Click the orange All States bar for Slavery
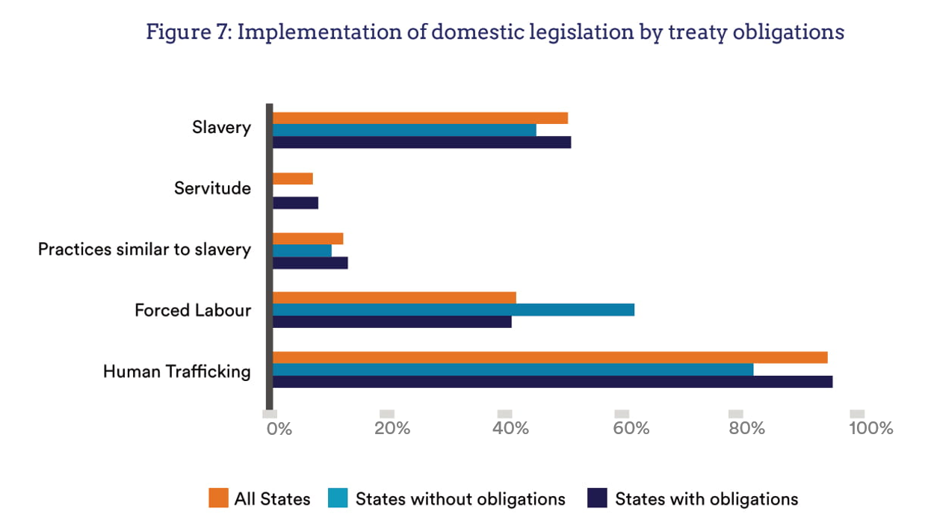pyautogui.click(x=420, y=118)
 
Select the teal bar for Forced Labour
pyautogui.click(x=454, y=309)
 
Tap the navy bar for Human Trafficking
pyautogui.click(x=552, y=382)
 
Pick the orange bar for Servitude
pyautogui.click(x=293, y=179)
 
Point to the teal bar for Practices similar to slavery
pyautogui.click(x=302, y=251)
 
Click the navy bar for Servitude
pyautogui.click(x=295, y=202)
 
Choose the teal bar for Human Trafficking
pyautogui.click(x=513, y=369)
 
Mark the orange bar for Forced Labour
pyautogui.click(x=395, y=297)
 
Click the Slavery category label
pyautogui.click(x=221, y=128)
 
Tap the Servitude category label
pyautogui.click(x=212, y=188)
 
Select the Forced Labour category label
pyautogui.click(x=193, y=310)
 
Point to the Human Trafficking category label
pyautogui.click(x=176, y=371)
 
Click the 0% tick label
pyautogui.click(x=279, y=429)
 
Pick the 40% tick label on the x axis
pyautogui.click(x=511, y=429)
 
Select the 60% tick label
pyautogui.click(x=631, y=429)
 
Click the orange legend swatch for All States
pyautogui.click(x=217, y=498)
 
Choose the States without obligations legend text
pyautogui.click(x=460, y=499)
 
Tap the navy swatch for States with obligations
pyautogui.click(x=597, y=498)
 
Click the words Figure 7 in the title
pyautogui.click(x=187, y=33)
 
